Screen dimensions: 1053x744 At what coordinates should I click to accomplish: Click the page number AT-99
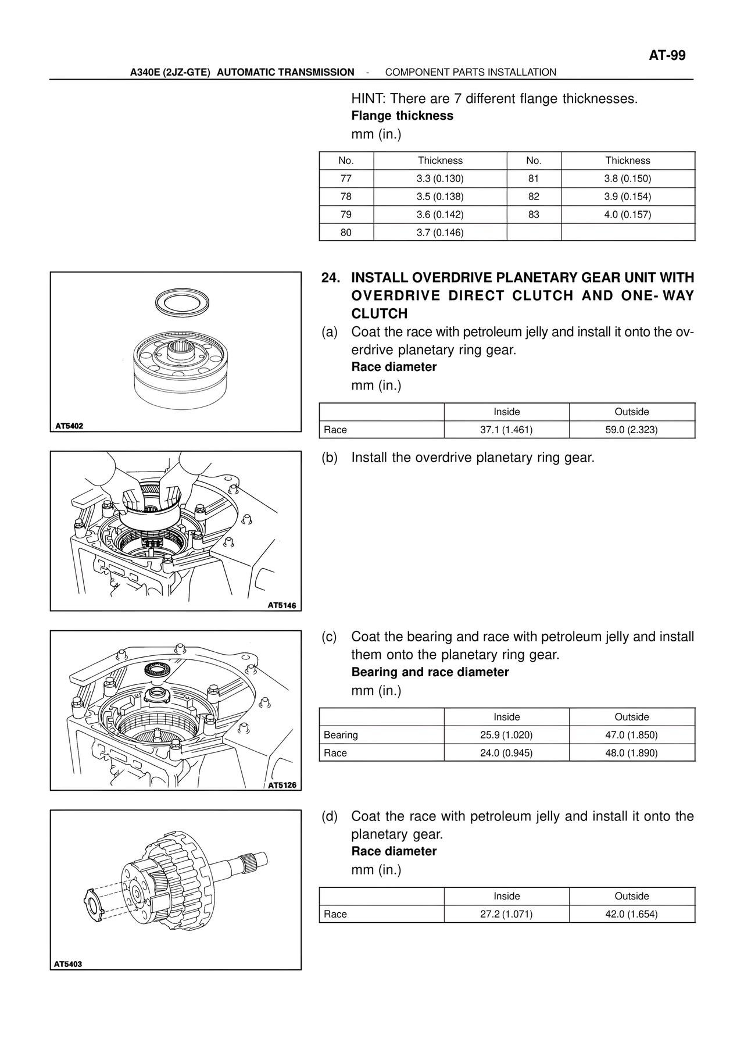(x=667, y=55)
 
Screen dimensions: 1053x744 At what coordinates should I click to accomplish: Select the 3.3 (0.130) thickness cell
(x=440, y=179)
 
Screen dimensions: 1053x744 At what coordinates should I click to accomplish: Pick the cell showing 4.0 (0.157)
(x=627, y=215)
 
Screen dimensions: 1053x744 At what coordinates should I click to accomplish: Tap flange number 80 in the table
(x=346, y=233)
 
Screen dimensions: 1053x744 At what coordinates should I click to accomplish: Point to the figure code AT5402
(x=69, y=426)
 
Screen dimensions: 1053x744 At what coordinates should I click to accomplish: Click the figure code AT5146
(x=281, y=605)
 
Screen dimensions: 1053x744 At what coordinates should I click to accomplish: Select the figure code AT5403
(x=68, y=964)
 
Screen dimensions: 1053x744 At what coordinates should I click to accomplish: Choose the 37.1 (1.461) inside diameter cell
(x=506, y=430)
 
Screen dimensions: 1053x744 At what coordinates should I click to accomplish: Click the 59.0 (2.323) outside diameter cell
(x=631, y=430)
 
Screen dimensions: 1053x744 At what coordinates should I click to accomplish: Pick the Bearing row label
(x=341, y=735)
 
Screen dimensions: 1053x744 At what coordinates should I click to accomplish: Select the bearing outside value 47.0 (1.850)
(x=631, y=735)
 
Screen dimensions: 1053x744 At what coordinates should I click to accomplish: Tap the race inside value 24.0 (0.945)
(x=506, y=753)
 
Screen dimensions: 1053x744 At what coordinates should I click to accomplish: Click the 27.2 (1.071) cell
(x=506, y=914)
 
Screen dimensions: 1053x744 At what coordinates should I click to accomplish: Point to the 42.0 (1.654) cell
(x=631, y=914)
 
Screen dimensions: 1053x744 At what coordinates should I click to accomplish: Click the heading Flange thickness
(x=402, y=116)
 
